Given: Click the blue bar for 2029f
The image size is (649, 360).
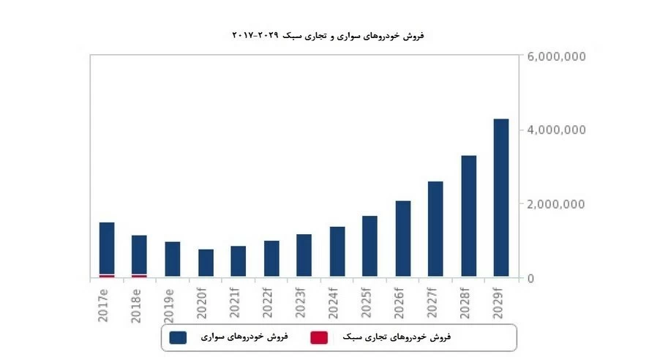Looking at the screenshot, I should coord(501,198).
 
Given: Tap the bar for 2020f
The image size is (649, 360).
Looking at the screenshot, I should coord(206,263).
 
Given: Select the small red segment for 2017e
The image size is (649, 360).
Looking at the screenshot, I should coord(107,275).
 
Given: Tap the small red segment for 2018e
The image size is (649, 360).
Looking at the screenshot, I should coord(139,275).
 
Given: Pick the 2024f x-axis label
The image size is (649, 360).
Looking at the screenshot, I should coord(337,301).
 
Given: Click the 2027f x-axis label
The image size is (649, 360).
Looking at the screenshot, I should coord(435,301).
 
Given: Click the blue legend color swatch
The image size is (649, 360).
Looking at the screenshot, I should coord(177,337).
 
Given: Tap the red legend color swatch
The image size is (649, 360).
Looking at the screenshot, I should coord(318,337).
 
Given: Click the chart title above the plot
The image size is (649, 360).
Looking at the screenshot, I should coord(328,35).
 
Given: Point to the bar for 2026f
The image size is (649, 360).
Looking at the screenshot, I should coord(402,239).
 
